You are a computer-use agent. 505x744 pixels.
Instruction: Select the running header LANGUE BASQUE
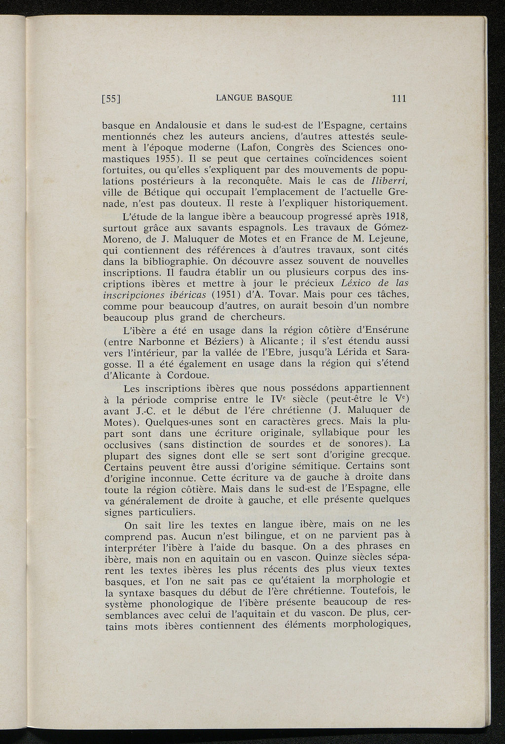pos(254,98)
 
